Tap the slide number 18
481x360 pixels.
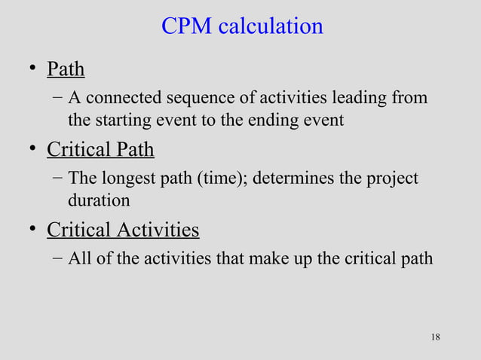[x=435, y=337]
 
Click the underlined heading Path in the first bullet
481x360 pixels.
[x=66, y=70]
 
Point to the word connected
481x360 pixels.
[x=123, y=99]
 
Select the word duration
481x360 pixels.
[x=98, y=200]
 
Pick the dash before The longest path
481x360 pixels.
[x=58, y=179]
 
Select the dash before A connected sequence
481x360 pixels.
[x=58, y=99]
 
